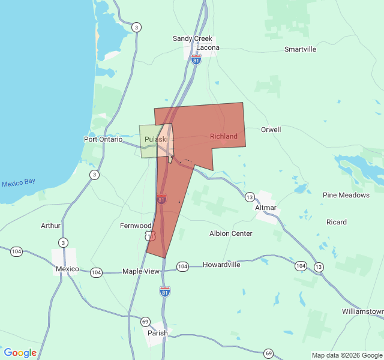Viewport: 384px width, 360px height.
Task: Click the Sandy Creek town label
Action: click(193, 38)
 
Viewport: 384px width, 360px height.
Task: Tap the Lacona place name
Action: click(208, 47)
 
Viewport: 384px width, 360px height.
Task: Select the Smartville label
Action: click(300, 49)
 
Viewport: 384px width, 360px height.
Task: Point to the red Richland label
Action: click(224, 136)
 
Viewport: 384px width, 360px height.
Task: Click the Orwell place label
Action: click(271, 130)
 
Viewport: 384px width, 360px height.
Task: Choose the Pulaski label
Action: click(156, 139)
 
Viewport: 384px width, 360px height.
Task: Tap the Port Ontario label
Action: click(103, 139)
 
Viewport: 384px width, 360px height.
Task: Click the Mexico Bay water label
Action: click(19, 183)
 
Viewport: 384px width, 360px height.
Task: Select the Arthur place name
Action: click(50, 226)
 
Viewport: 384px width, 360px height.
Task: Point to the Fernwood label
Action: click(136, 226)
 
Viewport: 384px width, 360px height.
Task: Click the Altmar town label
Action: click(266, 208)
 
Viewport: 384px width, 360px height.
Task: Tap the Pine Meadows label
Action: click(346, 195)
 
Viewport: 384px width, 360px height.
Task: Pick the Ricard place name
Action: click(337, 222)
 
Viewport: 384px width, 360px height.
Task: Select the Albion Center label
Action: click(230, 233)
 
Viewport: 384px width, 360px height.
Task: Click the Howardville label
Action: click(221, 265)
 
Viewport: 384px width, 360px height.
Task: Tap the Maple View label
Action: click(141, 271)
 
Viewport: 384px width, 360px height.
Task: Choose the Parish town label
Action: click(158, 333)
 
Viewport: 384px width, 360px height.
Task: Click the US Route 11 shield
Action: click(150, 236)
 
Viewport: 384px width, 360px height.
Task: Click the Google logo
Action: click(20, 353)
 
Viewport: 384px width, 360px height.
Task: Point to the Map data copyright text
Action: click(346, 355)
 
